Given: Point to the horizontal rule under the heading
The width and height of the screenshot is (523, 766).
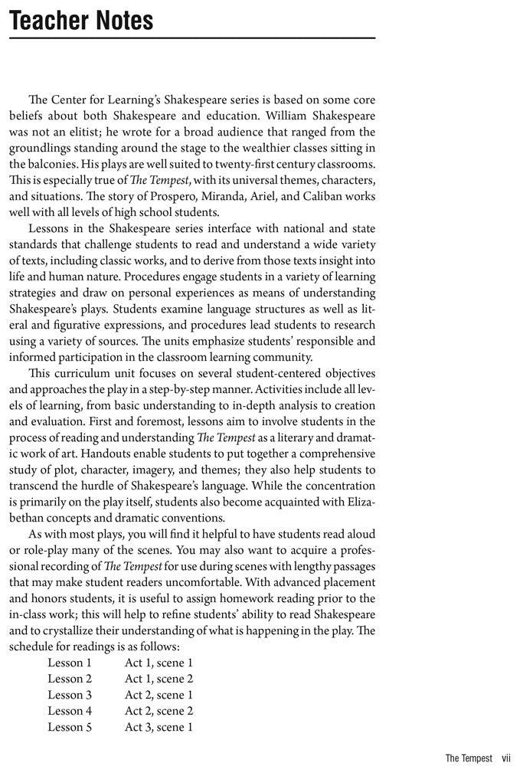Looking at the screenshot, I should tap(191, 38).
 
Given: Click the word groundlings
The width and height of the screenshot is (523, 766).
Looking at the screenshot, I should tap(42, 148).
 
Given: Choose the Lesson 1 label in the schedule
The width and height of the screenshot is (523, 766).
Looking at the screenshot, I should tap(70, 663).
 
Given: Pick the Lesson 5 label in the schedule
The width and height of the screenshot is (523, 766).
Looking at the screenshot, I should tap(70, 727).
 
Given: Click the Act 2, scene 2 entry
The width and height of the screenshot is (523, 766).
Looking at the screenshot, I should tap(159, 711).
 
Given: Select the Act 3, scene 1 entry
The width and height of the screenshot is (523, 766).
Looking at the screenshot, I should tap(159, 727).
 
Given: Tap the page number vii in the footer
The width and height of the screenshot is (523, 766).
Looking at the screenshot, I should tap(506, 758).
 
